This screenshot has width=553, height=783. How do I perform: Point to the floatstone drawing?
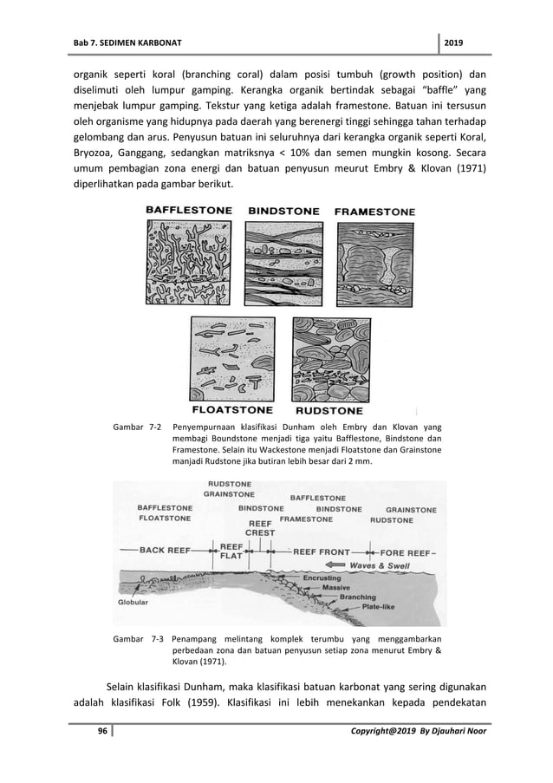[233, 358]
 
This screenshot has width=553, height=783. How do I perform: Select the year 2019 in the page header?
[454, 44]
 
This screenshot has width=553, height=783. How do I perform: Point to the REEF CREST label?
[261, 528]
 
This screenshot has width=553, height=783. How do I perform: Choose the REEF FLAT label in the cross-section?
[231, 551]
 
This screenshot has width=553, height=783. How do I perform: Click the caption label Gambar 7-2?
[138, 427]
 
